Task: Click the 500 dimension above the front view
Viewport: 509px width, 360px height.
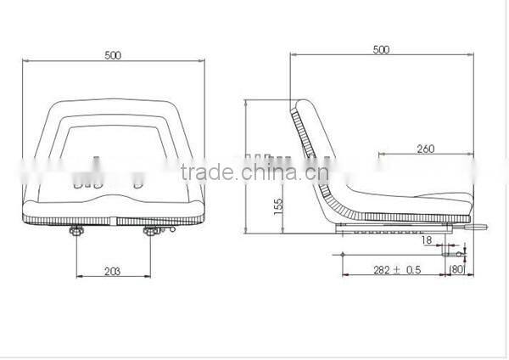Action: tap(114, 56)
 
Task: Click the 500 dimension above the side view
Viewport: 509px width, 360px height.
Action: tap(381, 50)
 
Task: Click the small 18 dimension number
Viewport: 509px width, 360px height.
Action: tap(426, 241)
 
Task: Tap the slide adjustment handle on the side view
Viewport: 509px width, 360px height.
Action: tap(477, 227)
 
